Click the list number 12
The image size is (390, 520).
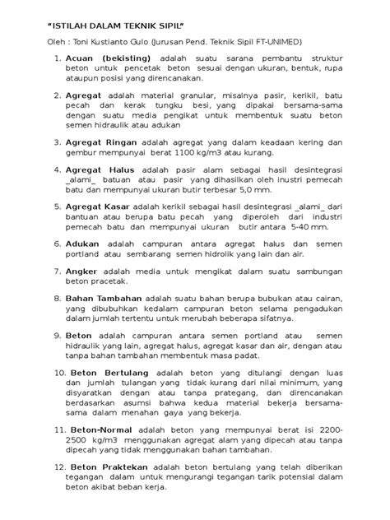tap(55, 467)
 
